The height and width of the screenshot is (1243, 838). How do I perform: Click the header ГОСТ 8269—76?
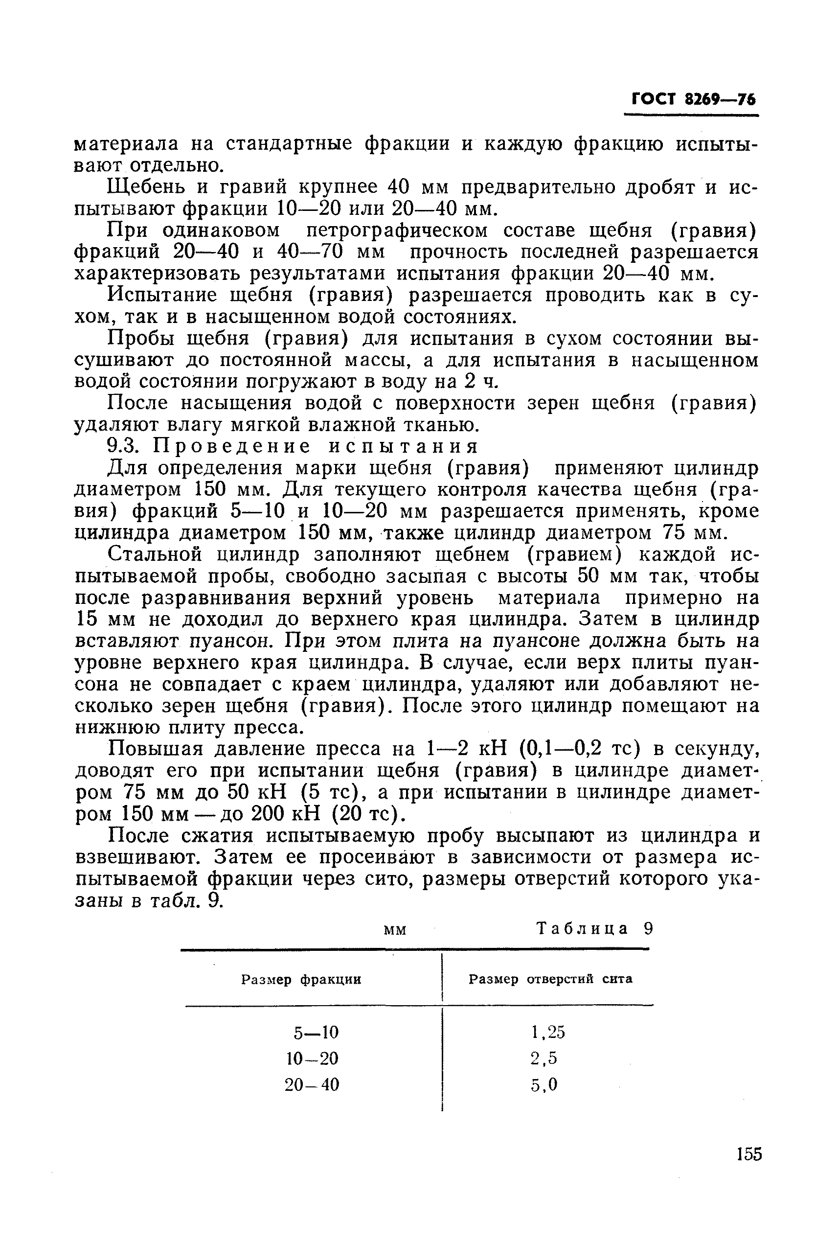tap(693, 99)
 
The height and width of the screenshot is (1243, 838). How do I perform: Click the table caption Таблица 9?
tap(594, 929)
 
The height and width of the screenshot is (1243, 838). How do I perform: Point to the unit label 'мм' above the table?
tap(395, 931)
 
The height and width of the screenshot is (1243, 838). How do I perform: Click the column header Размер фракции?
tap(301, 979)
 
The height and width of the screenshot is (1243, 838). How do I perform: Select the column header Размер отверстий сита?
tap(550, 979)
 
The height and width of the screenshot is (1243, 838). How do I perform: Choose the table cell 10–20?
tap(313, 1059)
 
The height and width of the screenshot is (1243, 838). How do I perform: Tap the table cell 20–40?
tap(312, 1085)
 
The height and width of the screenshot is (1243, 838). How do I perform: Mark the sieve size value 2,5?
tap(544, 1059)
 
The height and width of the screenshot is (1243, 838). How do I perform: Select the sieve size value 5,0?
tap(544, 1085)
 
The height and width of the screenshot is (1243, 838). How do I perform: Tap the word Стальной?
tap(155, 554)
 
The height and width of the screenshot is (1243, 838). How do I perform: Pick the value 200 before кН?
tap(269, 814)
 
